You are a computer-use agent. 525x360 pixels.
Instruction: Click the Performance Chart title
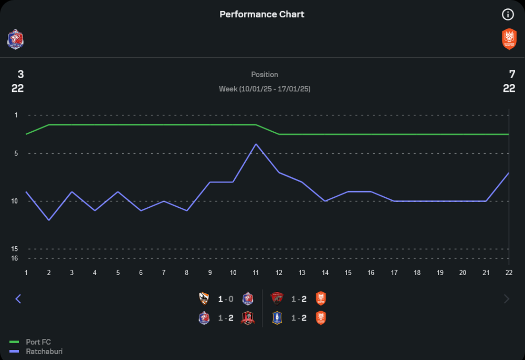point(261,14)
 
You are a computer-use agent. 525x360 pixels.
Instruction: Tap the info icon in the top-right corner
point(508,15)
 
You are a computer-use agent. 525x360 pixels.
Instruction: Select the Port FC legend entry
point(38,342)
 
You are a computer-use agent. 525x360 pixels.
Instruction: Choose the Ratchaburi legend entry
point(44,351)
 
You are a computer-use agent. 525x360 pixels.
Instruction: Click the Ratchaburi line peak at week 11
point(256,144)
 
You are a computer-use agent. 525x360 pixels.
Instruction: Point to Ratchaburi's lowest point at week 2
point(49,220)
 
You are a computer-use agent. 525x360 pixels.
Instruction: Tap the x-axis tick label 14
point(325,273)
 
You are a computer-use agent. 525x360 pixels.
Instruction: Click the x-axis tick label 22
point(508,273)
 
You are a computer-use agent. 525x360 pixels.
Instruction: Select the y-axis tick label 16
point(15,258)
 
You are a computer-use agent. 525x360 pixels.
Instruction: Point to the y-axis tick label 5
point(16,153)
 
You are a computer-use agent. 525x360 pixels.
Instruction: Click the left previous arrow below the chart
point(18,299)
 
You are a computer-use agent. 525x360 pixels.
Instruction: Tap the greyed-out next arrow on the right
point(507,299)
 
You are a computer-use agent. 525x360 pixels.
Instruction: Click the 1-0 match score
point(226,299)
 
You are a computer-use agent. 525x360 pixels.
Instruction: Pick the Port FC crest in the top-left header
point(15,39)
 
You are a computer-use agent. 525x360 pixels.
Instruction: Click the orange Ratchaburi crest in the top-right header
point(509,39)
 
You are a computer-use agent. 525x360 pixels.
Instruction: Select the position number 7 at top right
point(512,75)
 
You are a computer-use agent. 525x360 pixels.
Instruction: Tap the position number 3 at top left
point(20,75)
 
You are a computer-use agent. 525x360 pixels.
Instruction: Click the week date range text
point(265,89)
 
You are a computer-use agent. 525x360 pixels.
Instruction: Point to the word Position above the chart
point(265,75)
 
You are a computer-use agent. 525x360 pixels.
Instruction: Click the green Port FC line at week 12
point(279,134)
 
